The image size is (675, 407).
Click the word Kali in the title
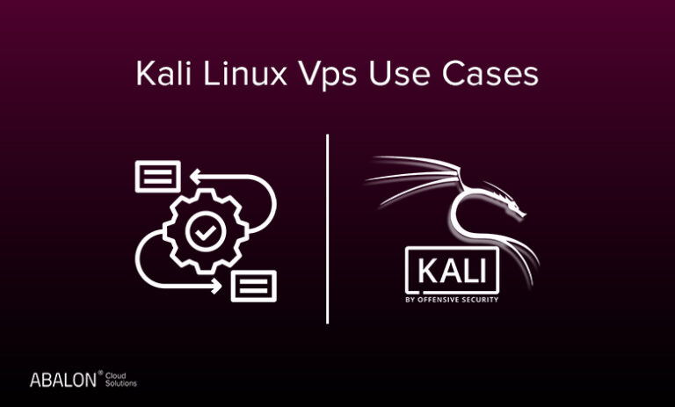(163, 73)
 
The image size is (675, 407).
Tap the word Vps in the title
(327, 76)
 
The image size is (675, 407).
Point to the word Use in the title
(399, 74)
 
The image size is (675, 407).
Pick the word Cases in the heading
(490, 74)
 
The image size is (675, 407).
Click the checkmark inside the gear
(206, 233)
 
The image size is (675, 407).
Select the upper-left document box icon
(157, 176)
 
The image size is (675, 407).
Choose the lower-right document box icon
(253, 286)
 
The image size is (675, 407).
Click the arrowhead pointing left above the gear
(196, 177)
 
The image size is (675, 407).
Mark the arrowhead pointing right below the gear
(215, 286)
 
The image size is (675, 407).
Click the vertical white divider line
(328, 229)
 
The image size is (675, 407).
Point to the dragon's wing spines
(413, 177)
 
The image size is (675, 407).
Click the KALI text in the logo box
(452, 271)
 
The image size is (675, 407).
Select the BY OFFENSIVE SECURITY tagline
(452, 300)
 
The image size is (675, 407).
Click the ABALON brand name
(63, 380)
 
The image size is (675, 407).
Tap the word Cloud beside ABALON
(116, 375)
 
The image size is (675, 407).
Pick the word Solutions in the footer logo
(121, 383)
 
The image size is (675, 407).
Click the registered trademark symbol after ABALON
(100, 373)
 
